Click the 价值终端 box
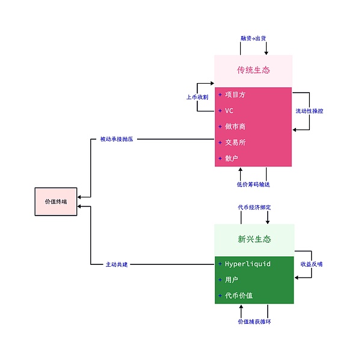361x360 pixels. click(56, 202)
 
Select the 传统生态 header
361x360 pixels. click(253, 70)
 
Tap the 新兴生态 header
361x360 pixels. click(254, 240)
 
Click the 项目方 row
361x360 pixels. click(235, 95)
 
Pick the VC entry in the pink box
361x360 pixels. click(229, 111)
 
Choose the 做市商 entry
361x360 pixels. click(235, 126)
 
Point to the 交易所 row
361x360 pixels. click(235, 143)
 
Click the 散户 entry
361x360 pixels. click(232, 158)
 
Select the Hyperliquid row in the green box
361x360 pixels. click(247, 264)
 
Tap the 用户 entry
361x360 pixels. click(232, 280)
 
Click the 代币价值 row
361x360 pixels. click(239, 296)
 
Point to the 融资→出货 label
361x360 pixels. click(253, 38)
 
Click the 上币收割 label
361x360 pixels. click(197, 97)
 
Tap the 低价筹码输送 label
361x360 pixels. click(253, 184)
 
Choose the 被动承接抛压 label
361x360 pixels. click(117, 139)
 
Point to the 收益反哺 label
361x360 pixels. click(312, 264)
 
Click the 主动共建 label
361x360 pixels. click(117, 264)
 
